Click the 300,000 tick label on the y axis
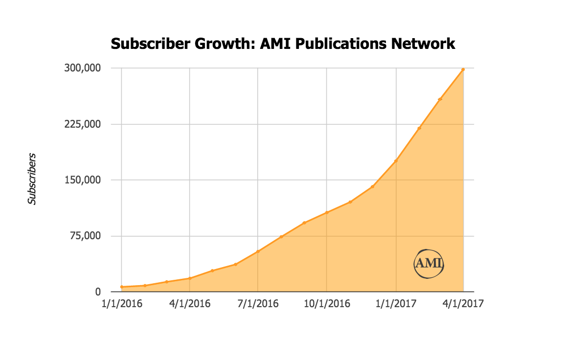(82, 68)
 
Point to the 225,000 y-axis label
(82, 124)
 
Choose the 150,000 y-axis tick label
(82, 180)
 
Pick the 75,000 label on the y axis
(85, 236)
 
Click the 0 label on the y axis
(98, 292)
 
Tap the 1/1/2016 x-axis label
(122, 304)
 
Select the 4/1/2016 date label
(190, 304)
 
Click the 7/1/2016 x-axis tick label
(258, 304)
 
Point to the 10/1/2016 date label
(326, 304)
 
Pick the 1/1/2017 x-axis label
(396, 304)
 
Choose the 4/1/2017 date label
(463, 304)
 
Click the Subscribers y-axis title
(32, 179)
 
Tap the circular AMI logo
(428, 264)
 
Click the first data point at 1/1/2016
(122, 287)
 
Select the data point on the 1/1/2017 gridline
(396, 161)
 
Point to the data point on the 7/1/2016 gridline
(258, 251)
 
